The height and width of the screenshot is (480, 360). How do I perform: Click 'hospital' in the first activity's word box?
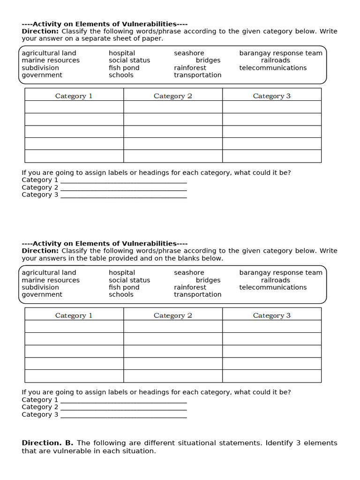pos(121,53)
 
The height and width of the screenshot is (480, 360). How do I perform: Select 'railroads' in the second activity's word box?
pos(275,280)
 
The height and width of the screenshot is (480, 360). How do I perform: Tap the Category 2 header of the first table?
pos(172,96)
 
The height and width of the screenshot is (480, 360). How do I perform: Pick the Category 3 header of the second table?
pos(271,315)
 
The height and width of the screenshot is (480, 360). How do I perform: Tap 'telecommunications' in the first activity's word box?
pos(273,67)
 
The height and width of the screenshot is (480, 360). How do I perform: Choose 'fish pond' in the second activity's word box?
pos(124,287)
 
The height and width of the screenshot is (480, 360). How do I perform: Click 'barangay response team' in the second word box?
pos(280,272)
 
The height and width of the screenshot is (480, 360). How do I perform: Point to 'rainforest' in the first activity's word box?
pos(190,67)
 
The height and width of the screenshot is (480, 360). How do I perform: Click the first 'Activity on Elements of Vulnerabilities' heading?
pos(105,24)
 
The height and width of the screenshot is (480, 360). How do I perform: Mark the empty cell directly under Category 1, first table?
pos(74,107)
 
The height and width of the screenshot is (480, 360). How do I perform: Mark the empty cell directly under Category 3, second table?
pos(271,326)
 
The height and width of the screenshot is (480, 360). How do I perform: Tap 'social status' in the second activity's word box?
pos(129,280)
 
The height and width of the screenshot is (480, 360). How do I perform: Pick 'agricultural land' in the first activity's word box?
pos(49,53)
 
